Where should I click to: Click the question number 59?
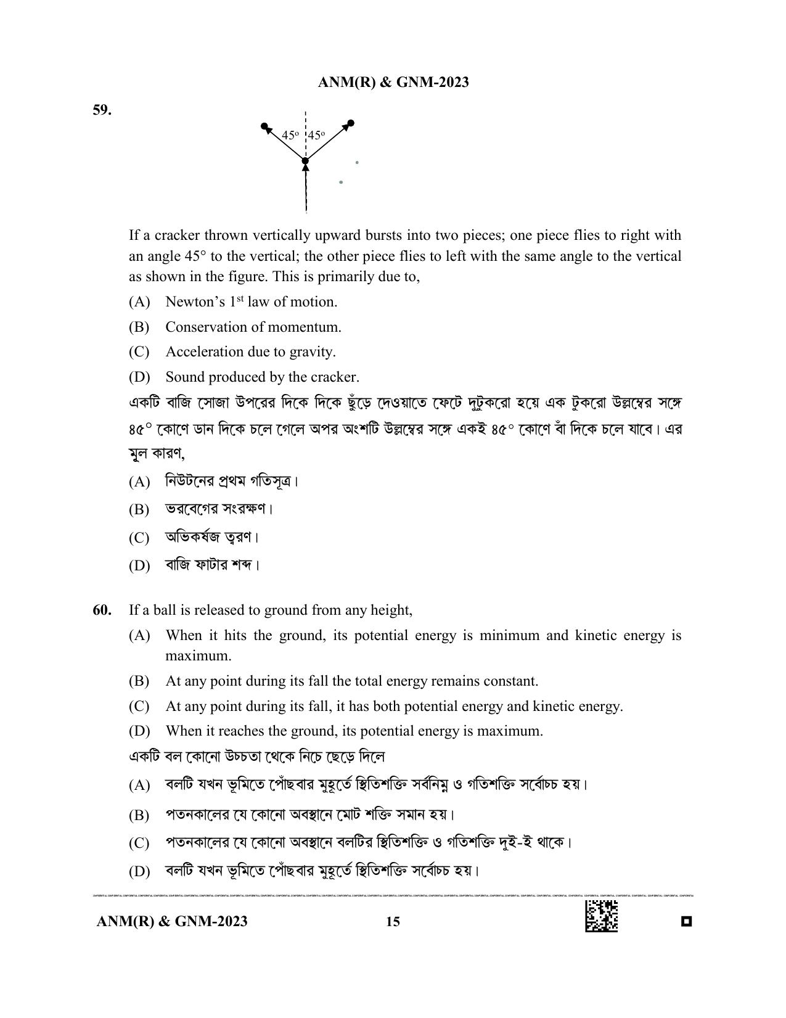tap(102, 110)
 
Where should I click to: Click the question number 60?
tap(102, 610)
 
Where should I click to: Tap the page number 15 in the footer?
tap(393, 921)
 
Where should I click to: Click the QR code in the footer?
tap(601, 916)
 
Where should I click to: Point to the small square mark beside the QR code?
tap(686, 922)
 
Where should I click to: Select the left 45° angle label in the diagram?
tap(290, 135)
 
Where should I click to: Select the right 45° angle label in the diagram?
tap(316, 135)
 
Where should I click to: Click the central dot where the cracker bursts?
tap(305, 162)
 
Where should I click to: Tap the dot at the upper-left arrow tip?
tap(264, 126)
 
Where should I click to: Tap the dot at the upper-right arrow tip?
tap(351, 123)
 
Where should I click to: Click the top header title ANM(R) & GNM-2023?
tap(393, 82)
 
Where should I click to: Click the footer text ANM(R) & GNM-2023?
tap(172, 921)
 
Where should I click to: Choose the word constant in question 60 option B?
tap(512, 681)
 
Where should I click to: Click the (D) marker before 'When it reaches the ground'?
tap(139, 731)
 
